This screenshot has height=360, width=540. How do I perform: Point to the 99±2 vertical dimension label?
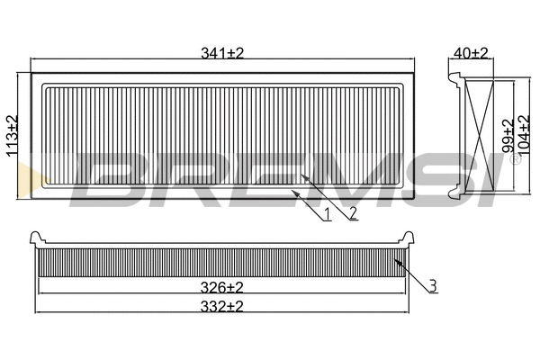(507, 136)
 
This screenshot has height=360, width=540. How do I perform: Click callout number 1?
(328, 215)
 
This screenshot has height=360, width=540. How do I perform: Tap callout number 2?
(354, 212)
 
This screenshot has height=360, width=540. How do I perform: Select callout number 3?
(433, 286)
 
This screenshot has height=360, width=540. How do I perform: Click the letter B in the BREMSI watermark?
(108, 177)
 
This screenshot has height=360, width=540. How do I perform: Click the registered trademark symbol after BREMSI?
(515, 162)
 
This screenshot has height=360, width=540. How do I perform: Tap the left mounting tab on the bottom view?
(38, 238)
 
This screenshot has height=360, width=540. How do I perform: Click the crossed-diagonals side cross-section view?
(481, 135)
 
